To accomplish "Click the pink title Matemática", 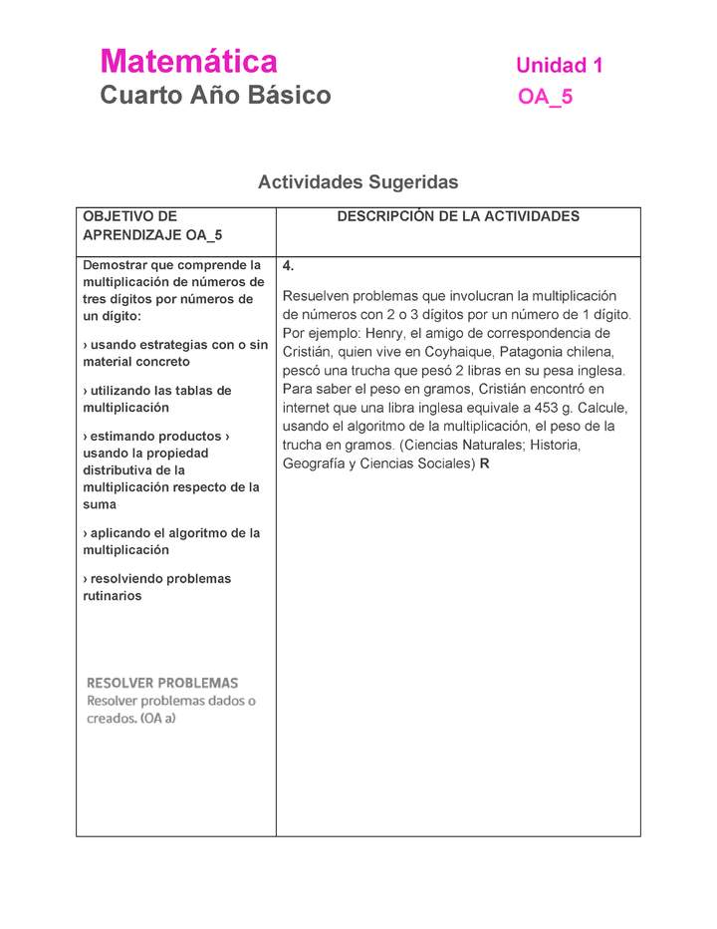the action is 188,62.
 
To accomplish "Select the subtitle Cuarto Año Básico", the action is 215,96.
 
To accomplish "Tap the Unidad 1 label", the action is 559,66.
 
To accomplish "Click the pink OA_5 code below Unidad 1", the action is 545,97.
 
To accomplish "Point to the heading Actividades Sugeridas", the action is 358,182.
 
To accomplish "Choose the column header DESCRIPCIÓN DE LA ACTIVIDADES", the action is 458,216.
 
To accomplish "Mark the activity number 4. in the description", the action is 288,266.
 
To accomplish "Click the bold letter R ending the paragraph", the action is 484,464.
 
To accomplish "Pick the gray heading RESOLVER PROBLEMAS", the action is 162,683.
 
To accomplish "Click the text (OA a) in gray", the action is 157,719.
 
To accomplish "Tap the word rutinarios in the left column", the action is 112,596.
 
